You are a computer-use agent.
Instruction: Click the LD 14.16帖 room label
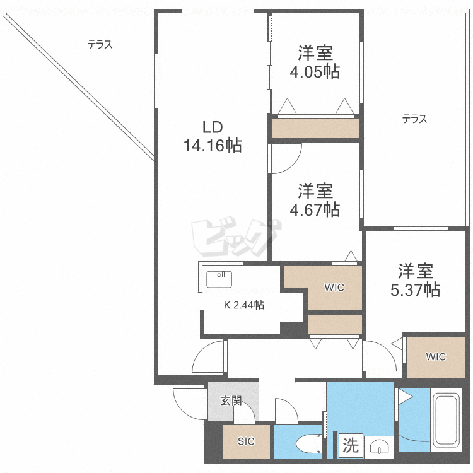coord(213,136)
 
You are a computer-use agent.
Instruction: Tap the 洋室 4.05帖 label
coord(315,62)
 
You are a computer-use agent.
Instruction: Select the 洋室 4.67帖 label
coord(315,200)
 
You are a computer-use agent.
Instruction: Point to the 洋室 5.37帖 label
coord(416,280)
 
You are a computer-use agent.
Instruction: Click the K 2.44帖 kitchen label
coord(243,305)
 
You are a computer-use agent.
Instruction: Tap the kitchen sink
coord(219,279)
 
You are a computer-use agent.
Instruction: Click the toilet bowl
coord(309,443)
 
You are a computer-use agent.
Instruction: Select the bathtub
coord(446,420)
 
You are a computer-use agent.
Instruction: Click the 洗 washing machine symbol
coord(351,445)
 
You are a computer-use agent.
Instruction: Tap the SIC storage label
coord(246,441)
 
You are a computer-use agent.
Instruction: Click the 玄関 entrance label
coord(231,401)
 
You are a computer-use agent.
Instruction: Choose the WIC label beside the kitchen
coord(334,288)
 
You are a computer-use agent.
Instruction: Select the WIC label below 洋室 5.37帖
coord(436,357)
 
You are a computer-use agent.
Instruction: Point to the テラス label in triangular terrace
coord(100,45)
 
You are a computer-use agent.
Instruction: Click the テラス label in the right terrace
coord(415,119)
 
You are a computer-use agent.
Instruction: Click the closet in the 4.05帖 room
coord(315,129)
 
